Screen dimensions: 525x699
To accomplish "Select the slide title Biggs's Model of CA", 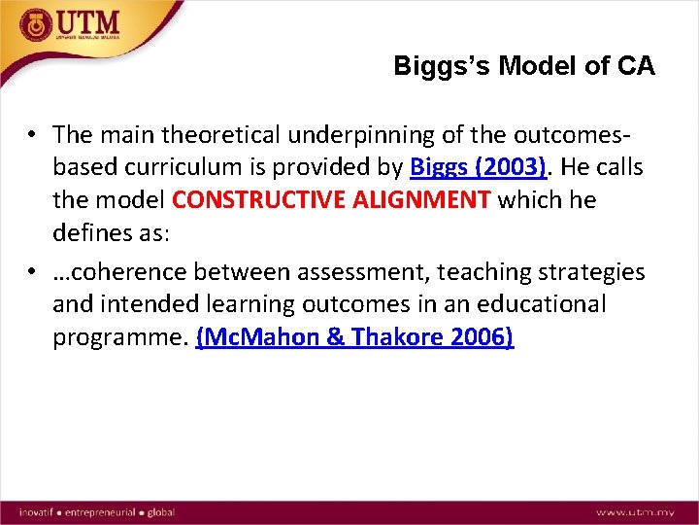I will (x=524, y=66).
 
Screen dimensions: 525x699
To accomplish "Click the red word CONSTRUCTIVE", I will (x=248, y=200).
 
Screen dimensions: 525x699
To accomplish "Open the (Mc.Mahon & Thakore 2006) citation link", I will (x=354, y=337).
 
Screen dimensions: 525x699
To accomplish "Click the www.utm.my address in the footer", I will (x=635, y=511).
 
